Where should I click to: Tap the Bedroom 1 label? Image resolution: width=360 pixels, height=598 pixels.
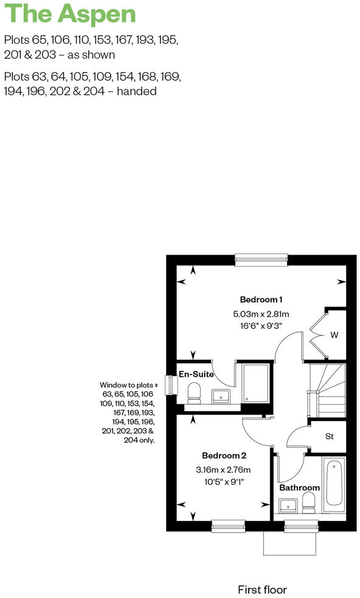[261, 299]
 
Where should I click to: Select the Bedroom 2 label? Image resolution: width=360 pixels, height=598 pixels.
[224, 456]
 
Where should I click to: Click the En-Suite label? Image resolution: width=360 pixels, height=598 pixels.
[196, 374]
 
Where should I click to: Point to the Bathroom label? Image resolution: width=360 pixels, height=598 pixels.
[299, 487]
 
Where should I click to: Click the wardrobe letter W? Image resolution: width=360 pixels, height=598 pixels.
[334, 335]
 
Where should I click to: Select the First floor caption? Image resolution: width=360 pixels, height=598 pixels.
[261, 589]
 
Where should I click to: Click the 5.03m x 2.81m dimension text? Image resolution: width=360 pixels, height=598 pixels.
[261, 314]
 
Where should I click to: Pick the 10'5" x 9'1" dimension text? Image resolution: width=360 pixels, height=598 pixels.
[224, 482]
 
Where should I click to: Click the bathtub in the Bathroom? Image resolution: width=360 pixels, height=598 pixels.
[334, 487]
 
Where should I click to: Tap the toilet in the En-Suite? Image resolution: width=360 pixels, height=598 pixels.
[194, 393]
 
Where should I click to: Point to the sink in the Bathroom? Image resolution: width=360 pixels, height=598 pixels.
[287, 505]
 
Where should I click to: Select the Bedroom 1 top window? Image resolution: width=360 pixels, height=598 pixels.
[261, 259]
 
